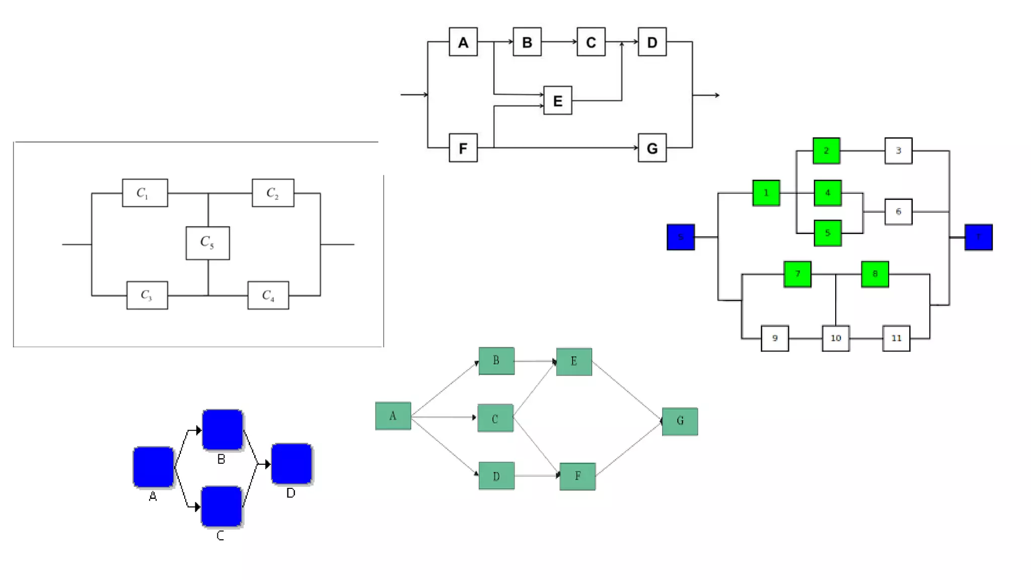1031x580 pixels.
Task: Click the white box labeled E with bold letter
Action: [557, 101]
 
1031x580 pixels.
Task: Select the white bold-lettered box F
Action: [463, 148]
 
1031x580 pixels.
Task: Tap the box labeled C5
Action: [207, 243]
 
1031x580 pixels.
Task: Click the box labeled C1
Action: [144, 193]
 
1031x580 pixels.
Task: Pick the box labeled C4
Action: [268, 296]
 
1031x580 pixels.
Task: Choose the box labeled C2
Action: [273, 193]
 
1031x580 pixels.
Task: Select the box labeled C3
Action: [147, 296]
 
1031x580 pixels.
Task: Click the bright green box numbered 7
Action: [797, 274]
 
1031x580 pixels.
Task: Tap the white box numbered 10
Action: [836, 338]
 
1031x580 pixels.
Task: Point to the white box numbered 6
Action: [898, 212]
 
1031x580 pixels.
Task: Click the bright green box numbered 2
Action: [826, 151]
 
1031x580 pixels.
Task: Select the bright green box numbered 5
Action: [828, 233]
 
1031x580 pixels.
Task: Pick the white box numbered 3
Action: [898, 151]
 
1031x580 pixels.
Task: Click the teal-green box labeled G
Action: [680, 421]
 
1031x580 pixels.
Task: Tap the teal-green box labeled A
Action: [393, 416]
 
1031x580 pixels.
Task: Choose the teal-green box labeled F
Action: [577, 476]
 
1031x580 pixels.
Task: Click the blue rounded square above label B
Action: [223, 430]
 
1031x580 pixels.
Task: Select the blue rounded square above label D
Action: [291, 464]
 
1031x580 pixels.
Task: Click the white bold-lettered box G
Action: [652, 148]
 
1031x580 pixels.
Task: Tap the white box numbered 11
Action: [896, 338]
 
